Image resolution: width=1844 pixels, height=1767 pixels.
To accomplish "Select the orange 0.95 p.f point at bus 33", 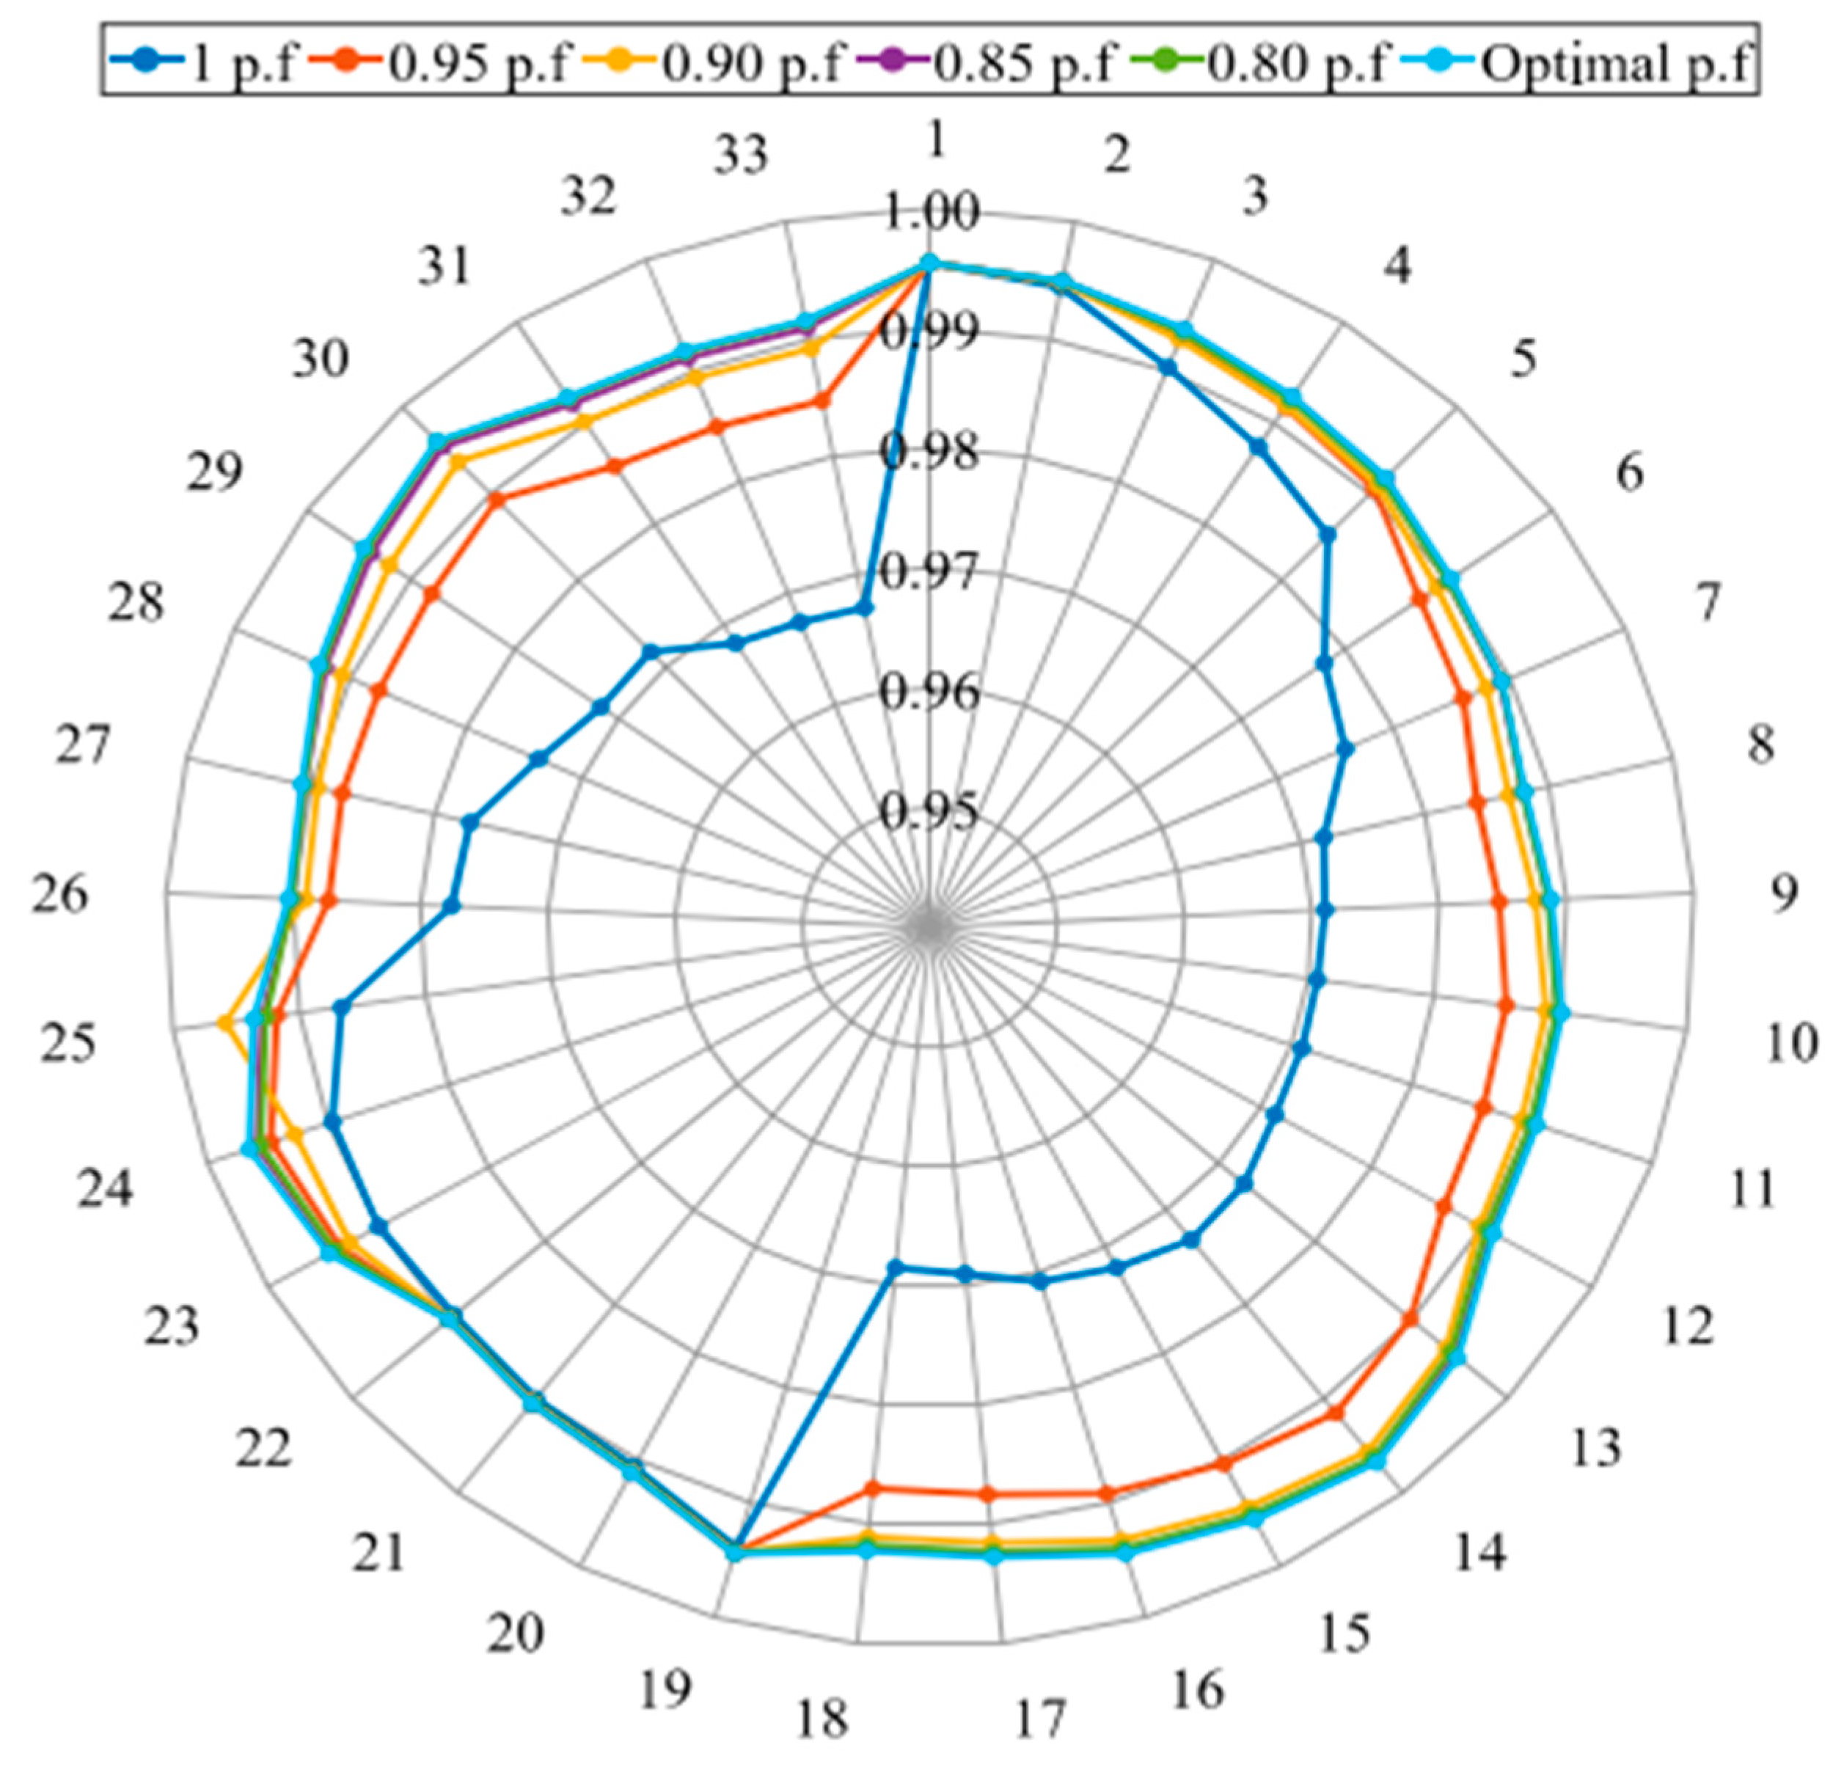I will pyautogui.click(x=822, y=400).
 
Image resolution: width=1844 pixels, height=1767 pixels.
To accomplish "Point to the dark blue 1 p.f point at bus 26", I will pyautogui.click(x=452, y=906).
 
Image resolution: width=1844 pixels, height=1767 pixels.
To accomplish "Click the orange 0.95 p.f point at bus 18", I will pyautogui.click(x=872, y=1488).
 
